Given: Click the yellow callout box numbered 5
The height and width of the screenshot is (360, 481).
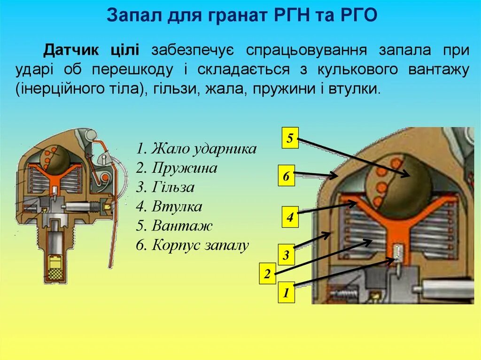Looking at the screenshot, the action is pyautogui.click(x=290, y=138).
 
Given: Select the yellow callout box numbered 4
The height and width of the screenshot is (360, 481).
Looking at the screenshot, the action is pyautogui.click(x=290, y=217).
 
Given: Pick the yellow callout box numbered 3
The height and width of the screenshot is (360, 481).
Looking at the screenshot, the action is pyautogui.click(x=286, y=255).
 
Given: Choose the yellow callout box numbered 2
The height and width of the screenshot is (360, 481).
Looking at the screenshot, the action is pyautogui.click(x=267, y=274).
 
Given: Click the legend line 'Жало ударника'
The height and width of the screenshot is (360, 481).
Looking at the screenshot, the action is pyautogui.click(x=196, y=149).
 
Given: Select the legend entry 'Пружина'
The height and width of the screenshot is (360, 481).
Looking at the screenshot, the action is pyautogui.click(x=177, y=168).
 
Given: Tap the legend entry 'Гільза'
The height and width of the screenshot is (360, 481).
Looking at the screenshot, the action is pyautogui.click(x=165, y=187).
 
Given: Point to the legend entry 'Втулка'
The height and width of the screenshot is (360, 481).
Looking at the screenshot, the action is pyautogui.click(x=170, y=207).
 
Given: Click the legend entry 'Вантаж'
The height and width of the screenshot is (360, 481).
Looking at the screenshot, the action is pyautogui.click(x=174, y=226).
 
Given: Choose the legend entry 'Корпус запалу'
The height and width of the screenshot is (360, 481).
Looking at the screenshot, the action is pyautogui.click(x=193, y=245).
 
